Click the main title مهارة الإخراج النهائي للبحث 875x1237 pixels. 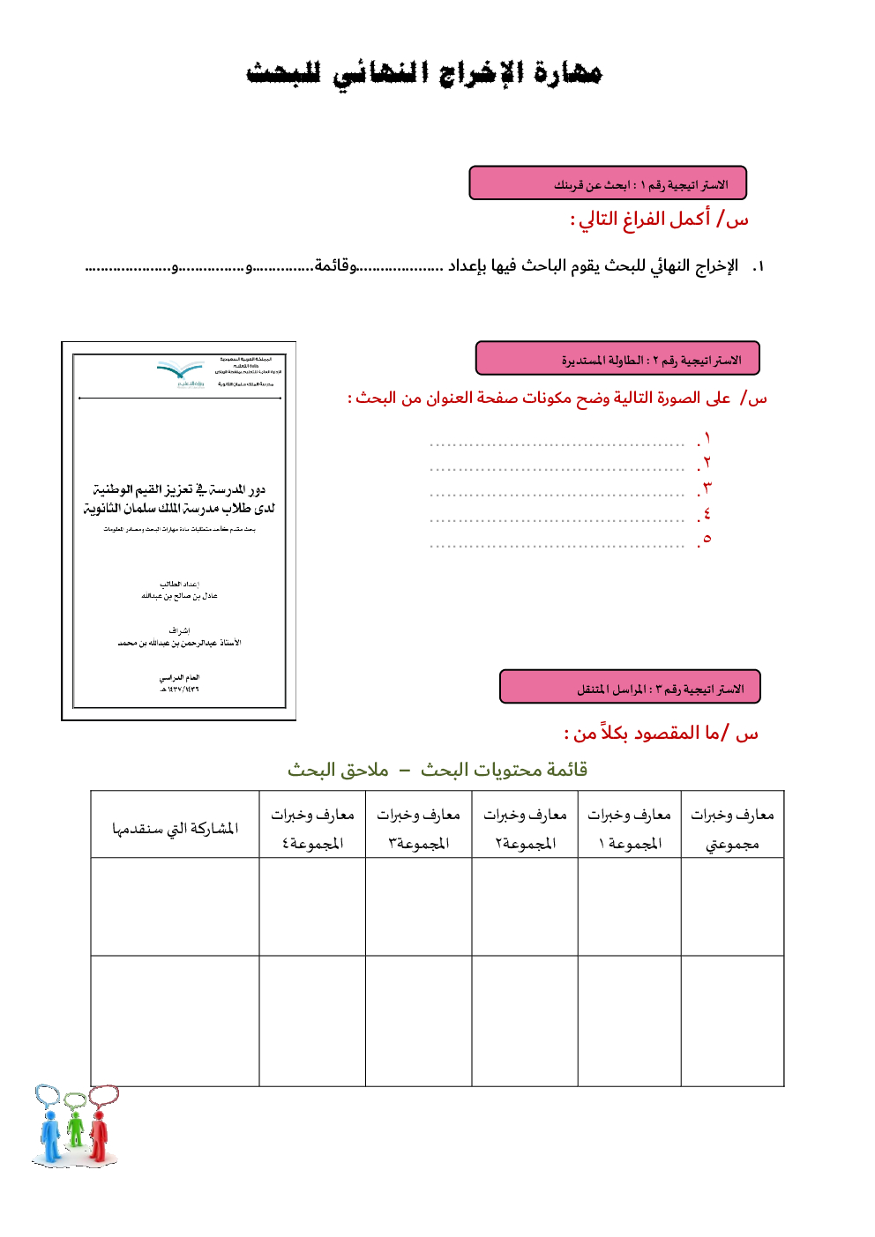click(423, 72)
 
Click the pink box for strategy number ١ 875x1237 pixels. click(608, 183)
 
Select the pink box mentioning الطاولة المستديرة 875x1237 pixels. click(617, 359)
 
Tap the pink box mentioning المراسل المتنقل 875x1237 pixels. click(630, 688)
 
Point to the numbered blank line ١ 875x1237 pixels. click(557, 443)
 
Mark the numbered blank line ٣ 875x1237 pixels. click(557, 494)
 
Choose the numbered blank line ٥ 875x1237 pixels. click(557, 545)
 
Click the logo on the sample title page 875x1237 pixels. click(180, 374)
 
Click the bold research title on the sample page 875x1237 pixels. click(179, 499)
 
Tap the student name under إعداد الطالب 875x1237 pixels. click(179, 596)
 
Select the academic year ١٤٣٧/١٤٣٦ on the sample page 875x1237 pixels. click(179, 689)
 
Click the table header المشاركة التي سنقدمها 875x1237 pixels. click(175, 829)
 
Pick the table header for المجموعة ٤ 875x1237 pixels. click(312, 829)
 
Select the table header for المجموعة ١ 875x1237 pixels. click(629, 829)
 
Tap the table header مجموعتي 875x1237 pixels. click(732, 829)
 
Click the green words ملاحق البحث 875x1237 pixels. click(338, 770)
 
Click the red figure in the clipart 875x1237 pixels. click(99, 1136)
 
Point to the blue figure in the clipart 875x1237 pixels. click(51, 1136)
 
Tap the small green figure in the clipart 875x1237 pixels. click(76, 1129)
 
